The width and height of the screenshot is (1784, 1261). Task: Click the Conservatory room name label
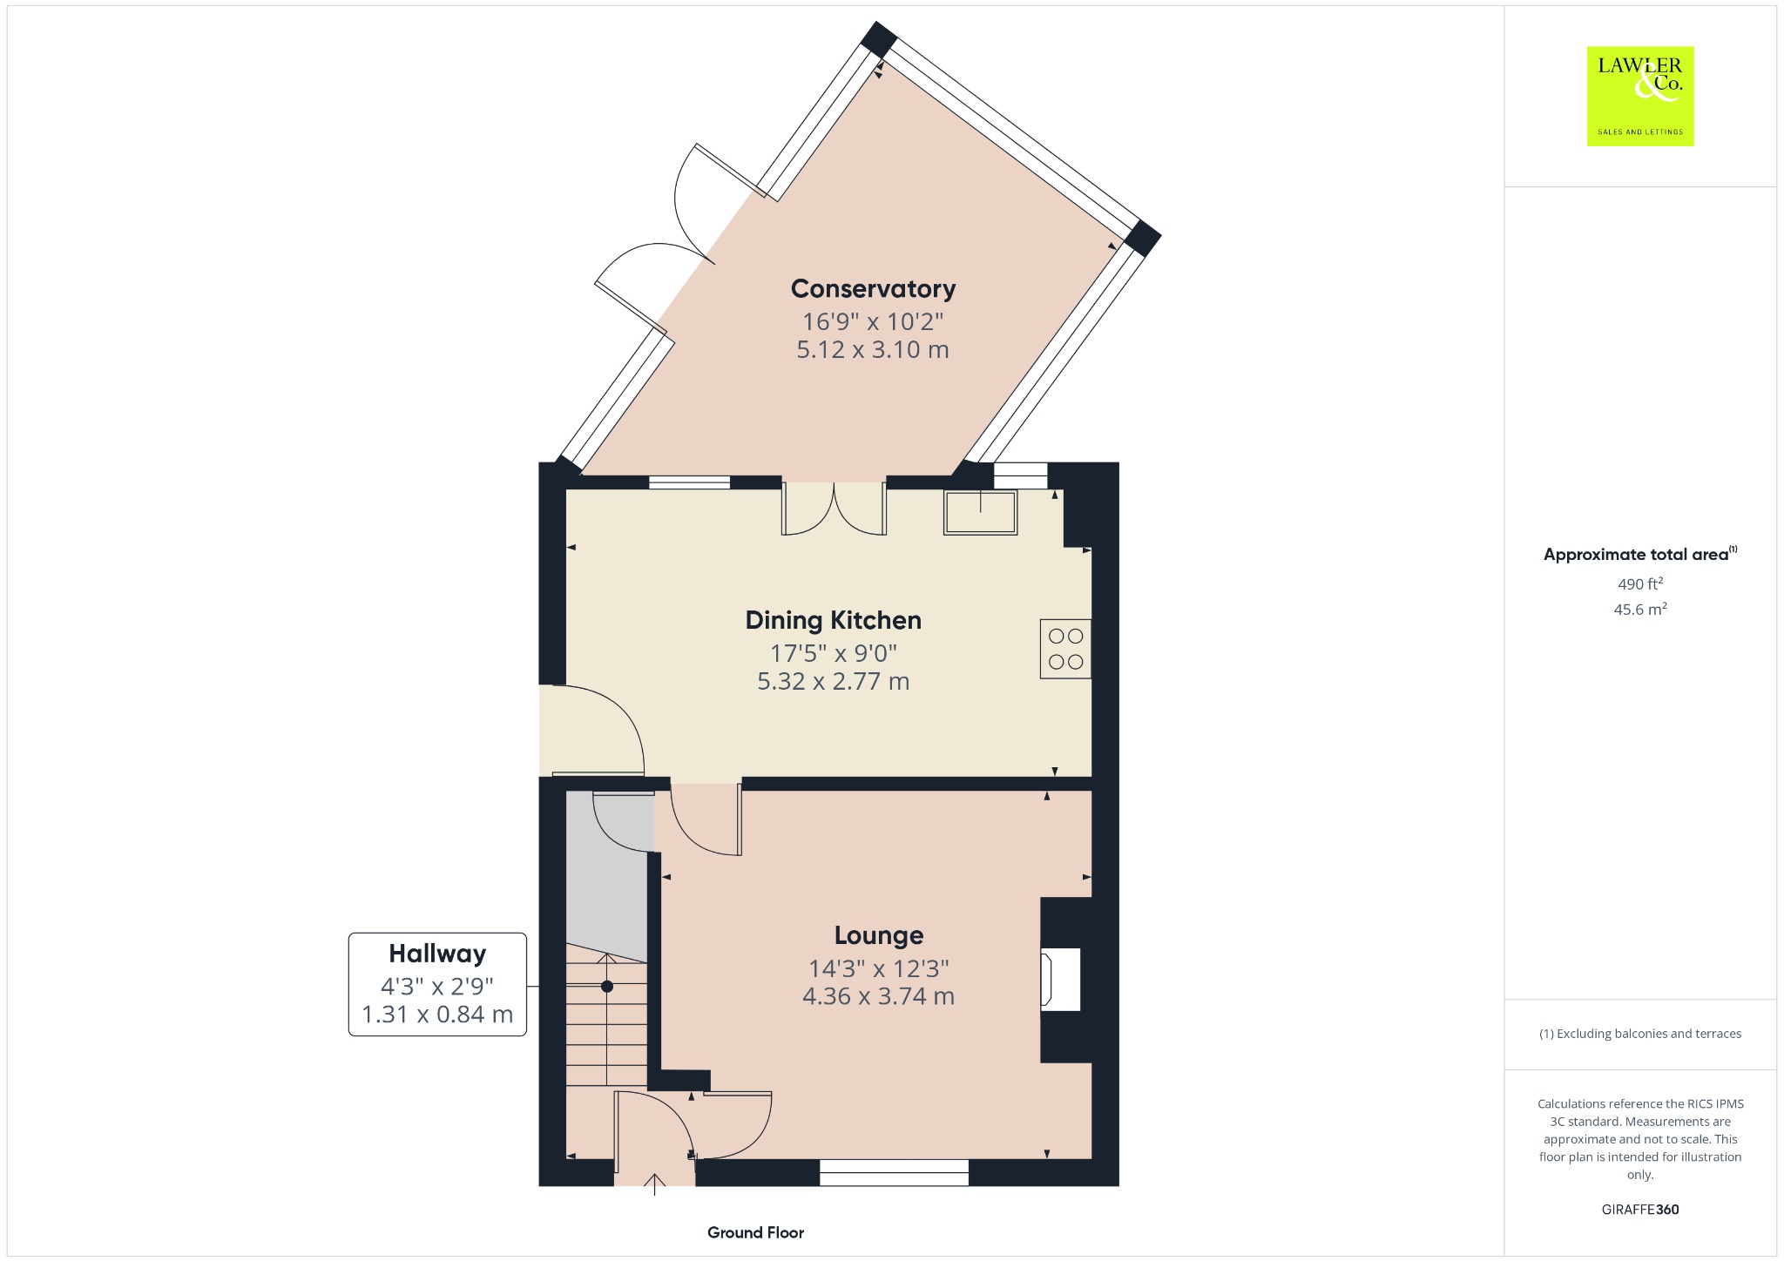(873, 288)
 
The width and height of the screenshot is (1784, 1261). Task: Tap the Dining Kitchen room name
(833, 620)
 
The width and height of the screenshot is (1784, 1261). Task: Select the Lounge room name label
(879, 935)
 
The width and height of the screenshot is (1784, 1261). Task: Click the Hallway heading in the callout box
(437, 954)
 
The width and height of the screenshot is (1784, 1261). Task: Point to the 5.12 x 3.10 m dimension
(873, 350)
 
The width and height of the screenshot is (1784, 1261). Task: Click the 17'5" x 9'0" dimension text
(833, 653)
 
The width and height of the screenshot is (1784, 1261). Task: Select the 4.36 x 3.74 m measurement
(878, 996)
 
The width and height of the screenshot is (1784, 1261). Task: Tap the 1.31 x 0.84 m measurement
(437, 1015)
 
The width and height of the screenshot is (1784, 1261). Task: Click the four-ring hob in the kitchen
(1065, 649)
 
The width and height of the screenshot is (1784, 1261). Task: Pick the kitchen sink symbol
(981, 512)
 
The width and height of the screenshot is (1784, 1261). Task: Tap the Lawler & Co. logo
(1640, 96)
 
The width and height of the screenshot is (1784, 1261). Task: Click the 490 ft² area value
(1640, 583)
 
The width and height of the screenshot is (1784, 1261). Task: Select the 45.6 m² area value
(1640, 609)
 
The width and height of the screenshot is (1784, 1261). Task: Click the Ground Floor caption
(755, 1232)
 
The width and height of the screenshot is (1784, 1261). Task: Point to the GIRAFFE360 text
(1640, 1209)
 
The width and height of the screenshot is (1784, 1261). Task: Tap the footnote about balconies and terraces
(1640, 1034)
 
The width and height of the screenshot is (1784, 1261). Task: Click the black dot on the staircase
(607, 987)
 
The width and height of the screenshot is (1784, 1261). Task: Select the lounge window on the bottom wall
(894, 1172)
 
